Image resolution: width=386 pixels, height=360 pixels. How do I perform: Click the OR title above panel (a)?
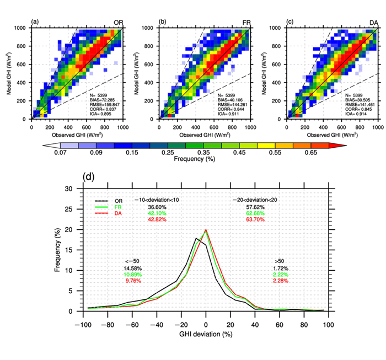118,22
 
